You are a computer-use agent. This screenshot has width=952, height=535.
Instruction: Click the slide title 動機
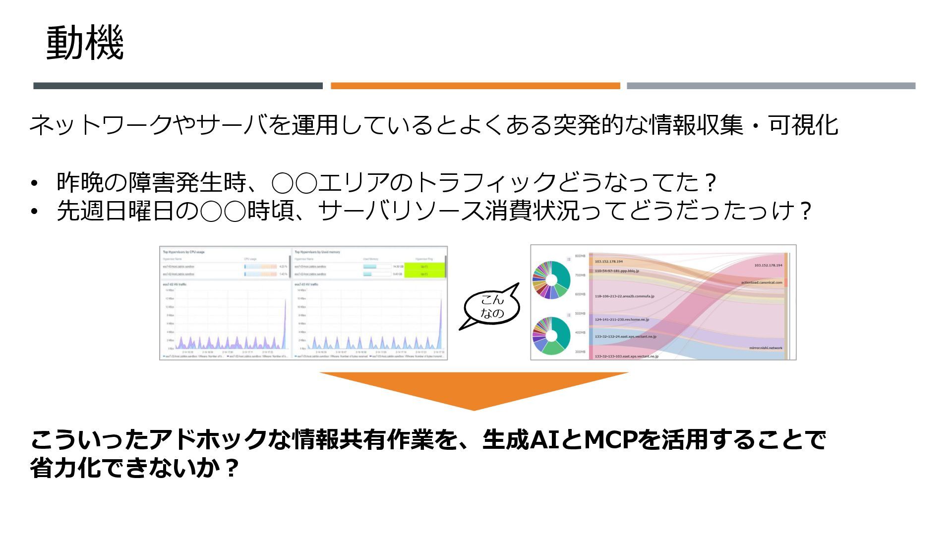85,44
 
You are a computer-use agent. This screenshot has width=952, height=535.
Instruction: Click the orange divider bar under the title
475,86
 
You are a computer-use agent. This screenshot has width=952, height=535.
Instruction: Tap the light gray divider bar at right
771,86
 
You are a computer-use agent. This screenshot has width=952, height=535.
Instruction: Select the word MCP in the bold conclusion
611,440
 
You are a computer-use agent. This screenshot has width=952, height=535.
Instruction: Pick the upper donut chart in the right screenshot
551,280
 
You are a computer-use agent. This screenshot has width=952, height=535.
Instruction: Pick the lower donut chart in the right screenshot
551,335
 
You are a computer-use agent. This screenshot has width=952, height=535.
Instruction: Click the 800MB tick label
580,256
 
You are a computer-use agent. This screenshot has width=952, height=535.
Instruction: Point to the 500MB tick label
580,314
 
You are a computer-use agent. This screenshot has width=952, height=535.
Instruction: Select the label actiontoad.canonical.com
761,283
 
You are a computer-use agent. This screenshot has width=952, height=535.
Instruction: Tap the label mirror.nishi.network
766,348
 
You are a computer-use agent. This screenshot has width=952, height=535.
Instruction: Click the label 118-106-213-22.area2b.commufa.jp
624,296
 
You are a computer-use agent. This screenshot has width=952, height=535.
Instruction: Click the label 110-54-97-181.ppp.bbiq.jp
617,271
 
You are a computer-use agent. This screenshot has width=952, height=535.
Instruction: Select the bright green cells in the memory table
424,270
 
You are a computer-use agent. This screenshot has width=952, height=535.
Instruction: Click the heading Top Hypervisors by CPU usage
183,252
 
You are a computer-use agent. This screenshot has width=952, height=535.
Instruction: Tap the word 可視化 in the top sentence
803,125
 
